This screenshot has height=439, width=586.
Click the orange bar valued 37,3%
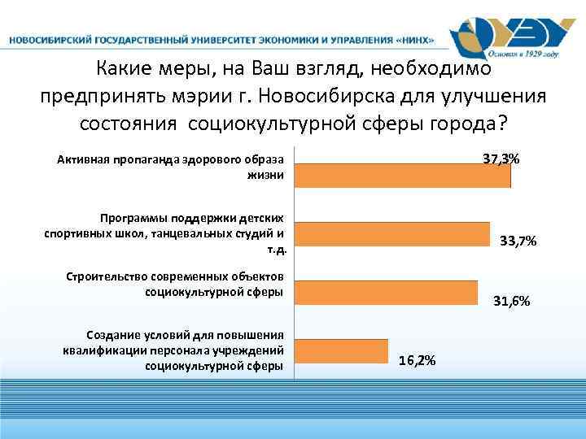coord(402,176)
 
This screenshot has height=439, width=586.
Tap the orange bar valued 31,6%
coord(386,293)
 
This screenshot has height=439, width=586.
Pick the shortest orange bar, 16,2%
coord(341,350)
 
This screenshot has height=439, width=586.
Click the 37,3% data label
coord(501,157)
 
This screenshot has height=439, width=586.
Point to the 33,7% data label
coord(518,241)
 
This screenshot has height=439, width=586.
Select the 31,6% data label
coord(512,302)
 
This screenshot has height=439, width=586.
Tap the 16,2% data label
coord(417,360)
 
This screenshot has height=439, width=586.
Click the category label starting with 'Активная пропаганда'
coord(170,165)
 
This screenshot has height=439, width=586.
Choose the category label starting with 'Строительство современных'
coord(174,284)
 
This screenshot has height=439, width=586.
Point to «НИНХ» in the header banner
coord(411,40)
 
